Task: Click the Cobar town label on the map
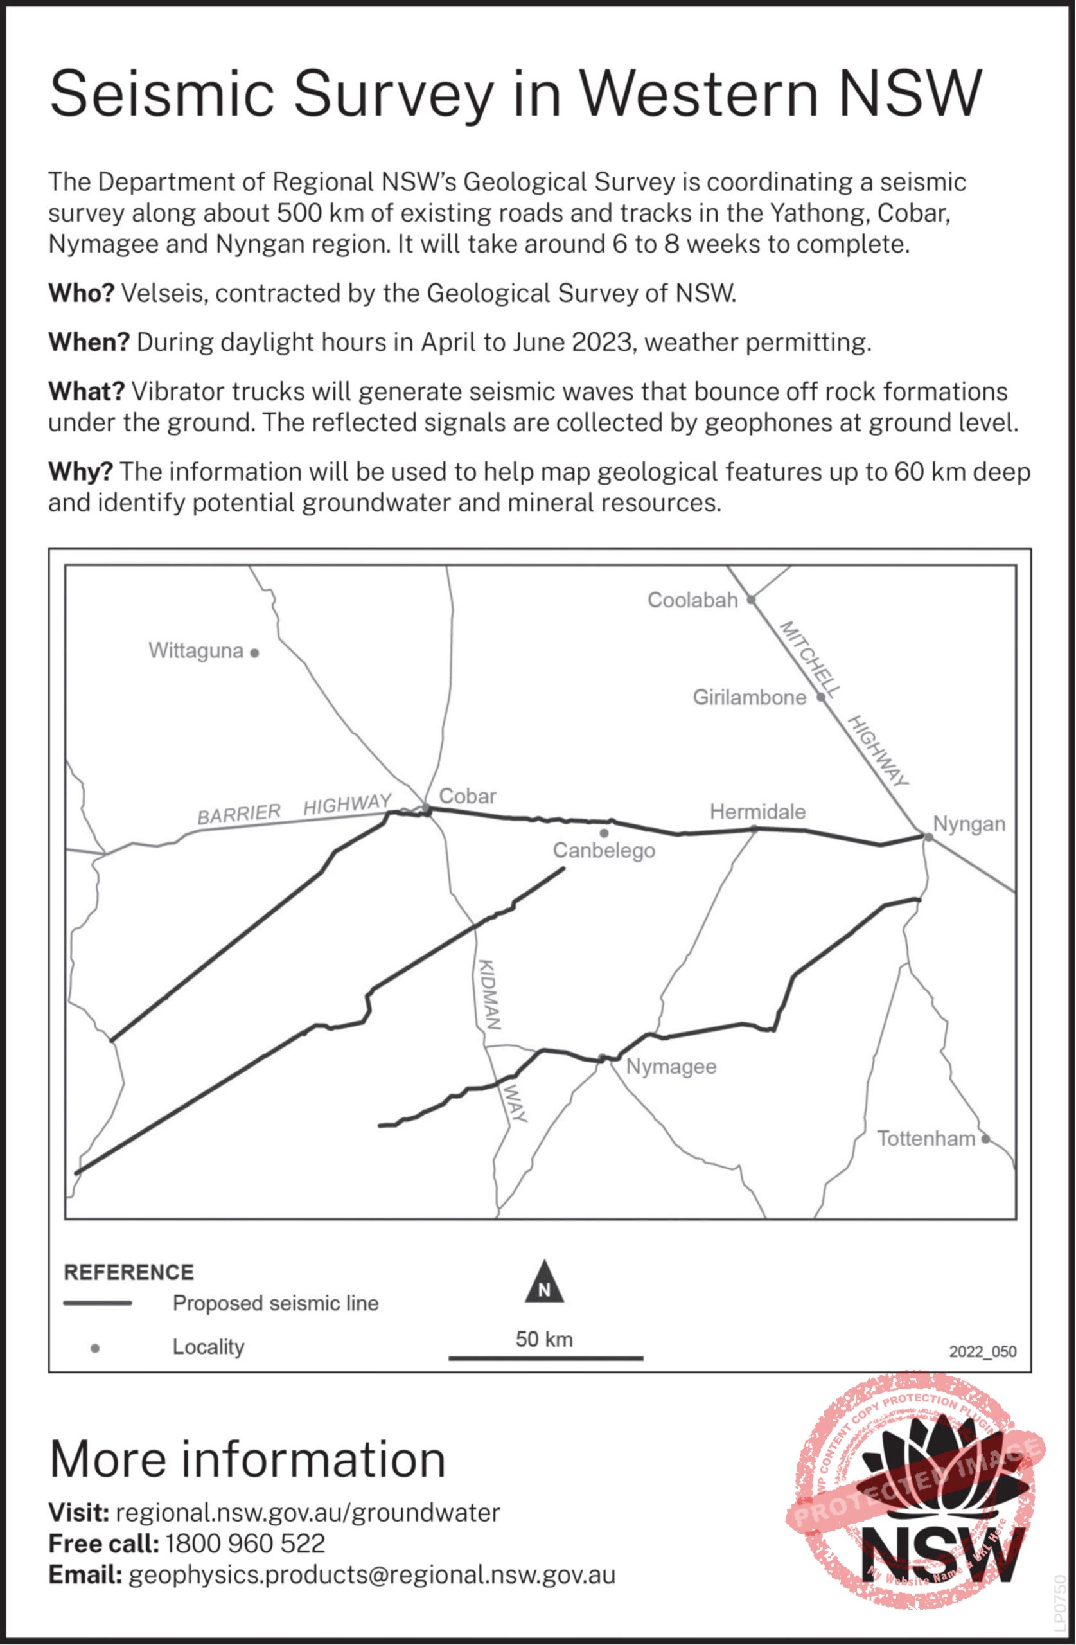467,796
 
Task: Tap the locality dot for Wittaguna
254,652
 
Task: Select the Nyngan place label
969,824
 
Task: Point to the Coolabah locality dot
751,600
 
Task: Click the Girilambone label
749,697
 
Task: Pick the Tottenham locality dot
985,1139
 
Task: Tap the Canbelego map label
603,850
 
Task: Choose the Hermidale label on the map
757,812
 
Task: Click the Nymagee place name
671,1067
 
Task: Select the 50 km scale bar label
544,1340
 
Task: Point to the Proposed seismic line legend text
275,1303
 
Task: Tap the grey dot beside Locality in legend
95,1347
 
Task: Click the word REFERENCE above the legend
128,1272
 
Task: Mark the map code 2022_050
982,1351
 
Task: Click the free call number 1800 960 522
245,1543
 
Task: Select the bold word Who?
81,294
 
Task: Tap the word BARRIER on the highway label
239,814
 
